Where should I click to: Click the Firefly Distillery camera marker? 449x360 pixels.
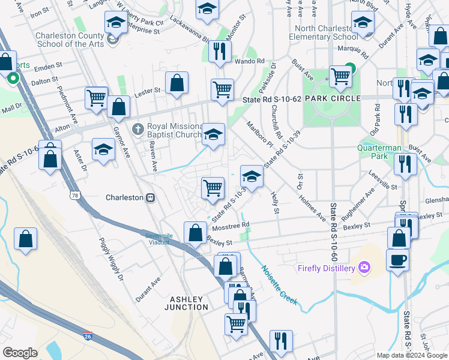click(x=364, y=267)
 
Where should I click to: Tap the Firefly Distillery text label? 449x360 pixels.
click(x=327, y=268)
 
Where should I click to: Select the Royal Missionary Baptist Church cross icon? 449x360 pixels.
click(x=138, y=127)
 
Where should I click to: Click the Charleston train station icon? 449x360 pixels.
click(x=151, y=197)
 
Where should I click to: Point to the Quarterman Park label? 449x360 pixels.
click(x=379, y=151)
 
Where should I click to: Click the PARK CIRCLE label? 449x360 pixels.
click(x=332, y=98)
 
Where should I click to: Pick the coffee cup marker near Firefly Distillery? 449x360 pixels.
click(x=399, y=261)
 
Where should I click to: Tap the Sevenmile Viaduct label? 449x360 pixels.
click(x=159, y=239)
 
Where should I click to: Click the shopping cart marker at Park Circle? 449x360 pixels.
click(x=340, y=76)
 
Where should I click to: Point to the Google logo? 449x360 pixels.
click(x=20, y=353)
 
